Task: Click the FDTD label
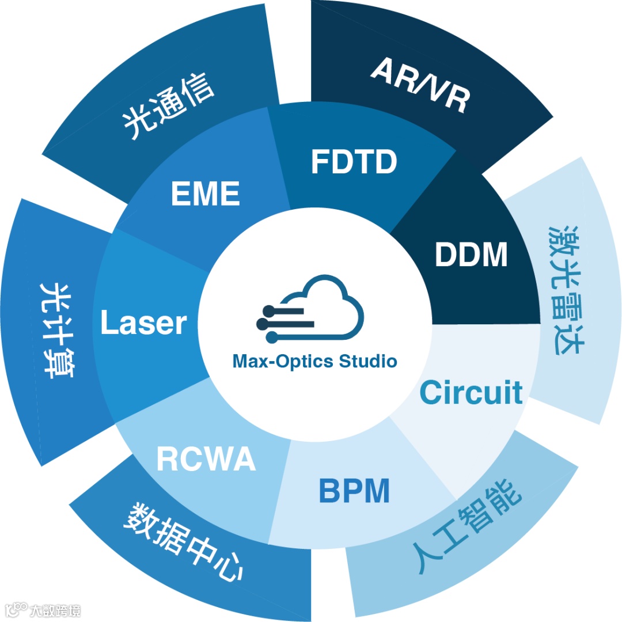click(x=354, y=162)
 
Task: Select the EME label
click(x=205, y=194)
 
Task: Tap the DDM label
click(x=471, y=255)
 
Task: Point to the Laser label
click(x=143, y=323)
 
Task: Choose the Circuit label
click(x=471, y=392)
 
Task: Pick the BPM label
click(x=354, y=491)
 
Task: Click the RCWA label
click(x=206, y=460)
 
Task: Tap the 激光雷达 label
click(x=564, y=289)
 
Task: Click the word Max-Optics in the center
click(x=282, y=362)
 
